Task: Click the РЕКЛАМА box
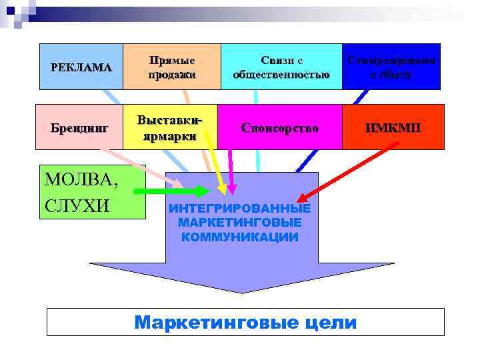(81, 67)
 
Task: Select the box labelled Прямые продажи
(172, 67)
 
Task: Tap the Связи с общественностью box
(281, 67)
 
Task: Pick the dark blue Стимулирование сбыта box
(391, 67)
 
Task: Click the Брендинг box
(81, 127)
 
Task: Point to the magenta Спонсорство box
(279, 127)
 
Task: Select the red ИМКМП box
(392, 127)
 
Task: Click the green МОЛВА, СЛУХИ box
(92, 192)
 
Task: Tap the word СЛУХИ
(77, 204)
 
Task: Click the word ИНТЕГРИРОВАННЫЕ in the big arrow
(240, 208)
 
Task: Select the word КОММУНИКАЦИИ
(240, 237)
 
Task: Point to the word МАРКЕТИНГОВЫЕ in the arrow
(240, 223)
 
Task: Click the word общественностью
(281, 74)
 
